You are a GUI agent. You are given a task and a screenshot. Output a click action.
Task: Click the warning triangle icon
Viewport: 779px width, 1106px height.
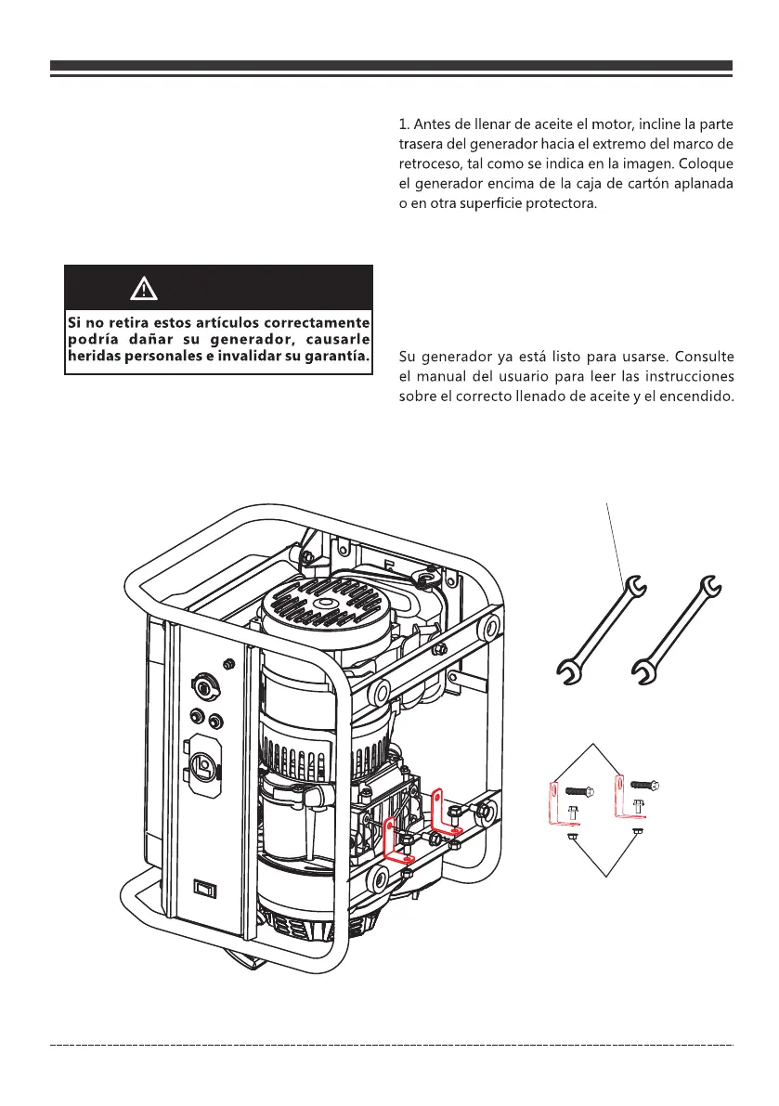click(143, 289)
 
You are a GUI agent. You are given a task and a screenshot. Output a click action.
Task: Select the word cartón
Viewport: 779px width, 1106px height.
click(630, 183)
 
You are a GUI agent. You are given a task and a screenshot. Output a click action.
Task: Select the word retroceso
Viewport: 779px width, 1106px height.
click(427, 163)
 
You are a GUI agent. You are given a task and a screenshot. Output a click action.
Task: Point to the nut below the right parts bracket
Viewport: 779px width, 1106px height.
click(636, 831)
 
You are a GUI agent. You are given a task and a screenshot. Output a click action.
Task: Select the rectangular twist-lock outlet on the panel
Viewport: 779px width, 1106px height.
click(204, 767)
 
